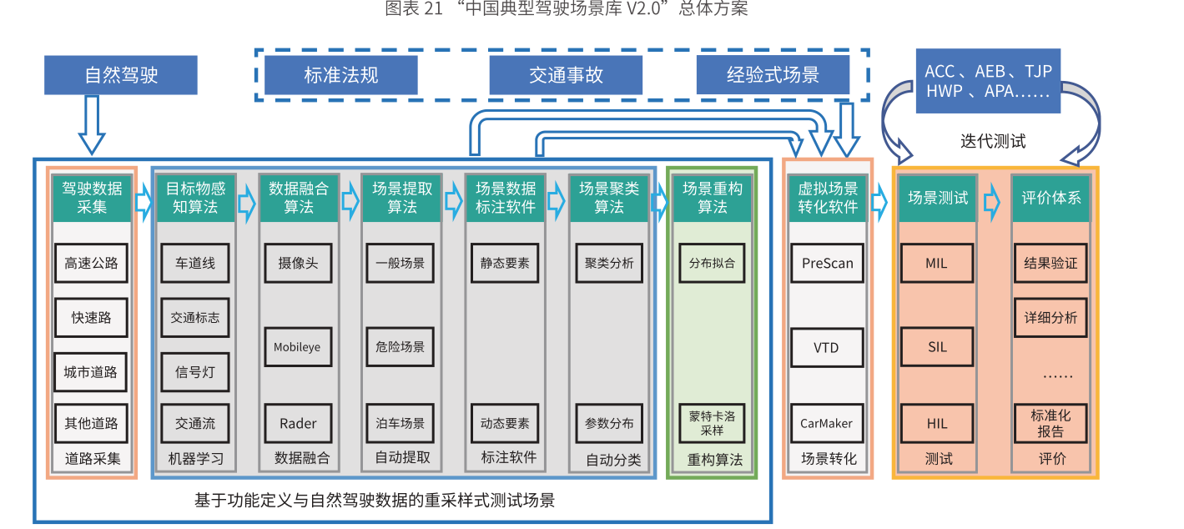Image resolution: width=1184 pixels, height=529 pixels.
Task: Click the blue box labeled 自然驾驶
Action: (121, 75)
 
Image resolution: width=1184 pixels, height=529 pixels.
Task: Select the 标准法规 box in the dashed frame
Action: (340, 75)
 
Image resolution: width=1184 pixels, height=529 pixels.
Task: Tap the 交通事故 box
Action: (566, 75)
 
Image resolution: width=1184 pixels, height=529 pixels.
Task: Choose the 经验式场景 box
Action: (773, 75)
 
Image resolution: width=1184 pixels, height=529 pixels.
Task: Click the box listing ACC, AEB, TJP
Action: (988, 81)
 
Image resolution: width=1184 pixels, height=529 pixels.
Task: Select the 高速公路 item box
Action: (91, 264)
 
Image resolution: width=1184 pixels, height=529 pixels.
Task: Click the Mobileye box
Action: (297, 347)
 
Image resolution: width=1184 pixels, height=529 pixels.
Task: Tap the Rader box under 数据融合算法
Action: (297, 423)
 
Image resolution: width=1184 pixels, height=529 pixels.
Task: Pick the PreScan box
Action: (827, 264)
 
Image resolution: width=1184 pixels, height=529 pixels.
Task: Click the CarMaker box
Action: (827, 423)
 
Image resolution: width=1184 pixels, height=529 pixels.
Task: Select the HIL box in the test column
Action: (937, 423)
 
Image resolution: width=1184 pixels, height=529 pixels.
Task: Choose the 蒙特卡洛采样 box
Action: (712, 423)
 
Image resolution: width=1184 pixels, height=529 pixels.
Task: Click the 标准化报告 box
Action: (1050, 423)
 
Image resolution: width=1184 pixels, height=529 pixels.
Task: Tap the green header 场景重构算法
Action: (712, 198)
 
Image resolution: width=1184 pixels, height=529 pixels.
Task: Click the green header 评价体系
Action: (1050, 198)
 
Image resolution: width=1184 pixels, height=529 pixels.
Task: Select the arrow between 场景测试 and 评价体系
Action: (992, 201)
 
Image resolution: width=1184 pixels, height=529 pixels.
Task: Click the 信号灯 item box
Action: (194, 372)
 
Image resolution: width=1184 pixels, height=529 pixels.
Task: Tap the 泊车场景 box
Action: (401, 423)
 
